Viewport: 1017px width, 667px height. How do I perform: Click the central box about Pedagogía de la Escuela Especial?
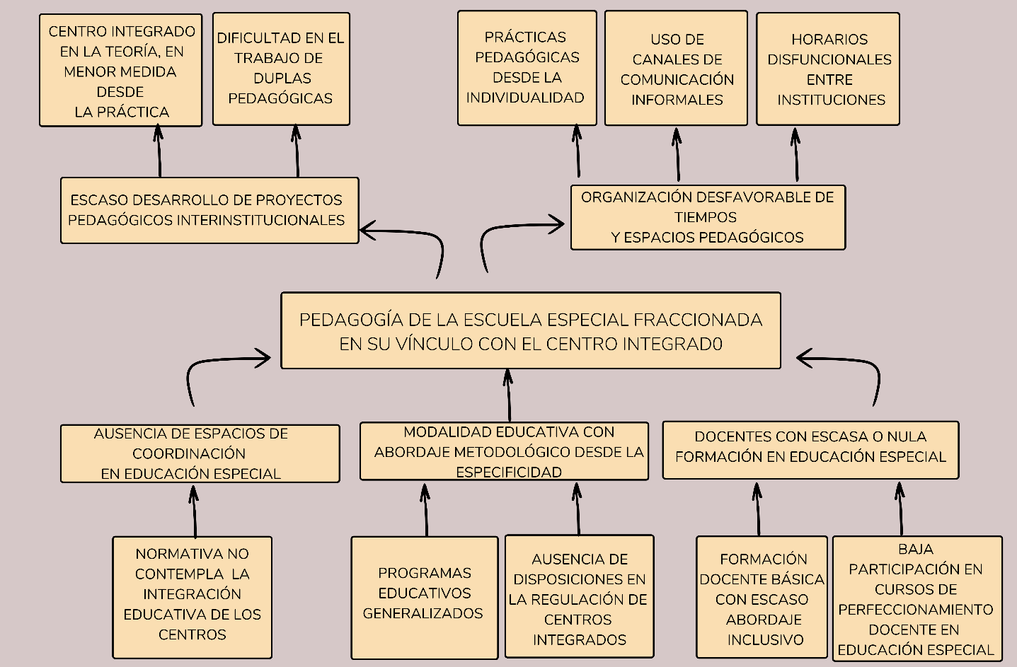point(530,331)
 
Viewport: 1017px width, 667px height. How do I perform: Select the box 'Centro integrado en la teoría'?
point(121,71)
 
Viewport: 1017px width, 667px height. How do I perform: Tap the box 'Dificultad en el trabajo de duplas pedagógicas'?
point(281,69)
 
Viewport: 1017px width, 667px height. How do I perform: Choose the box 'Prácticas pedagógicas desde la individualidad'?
point(527,68)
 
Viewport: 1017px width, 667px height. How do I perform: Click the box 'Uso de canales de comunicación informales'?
point(676,69)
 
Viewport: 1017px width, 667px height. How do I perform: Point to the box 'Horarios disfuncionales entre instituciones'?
point(827,69)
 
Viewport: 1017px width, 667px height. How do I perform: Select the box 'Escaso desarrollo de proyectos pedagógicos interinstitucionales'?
point(209,210)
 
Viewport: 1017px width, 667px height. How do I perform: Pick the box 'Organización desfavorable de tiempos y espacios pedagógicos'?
point(708,217)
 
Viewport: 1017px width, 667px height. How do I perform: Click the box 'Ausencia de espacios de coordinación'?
point(200,453)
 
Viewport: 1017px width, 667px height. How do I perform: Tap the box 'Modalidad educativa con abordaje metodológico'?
point(504,451)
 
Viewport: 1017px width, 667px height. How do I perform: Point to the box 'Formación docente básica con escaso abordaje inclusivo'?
point(762,598)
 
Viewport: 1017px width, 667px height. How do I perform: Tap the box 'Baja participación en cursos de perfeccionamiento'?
point(917,598)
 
